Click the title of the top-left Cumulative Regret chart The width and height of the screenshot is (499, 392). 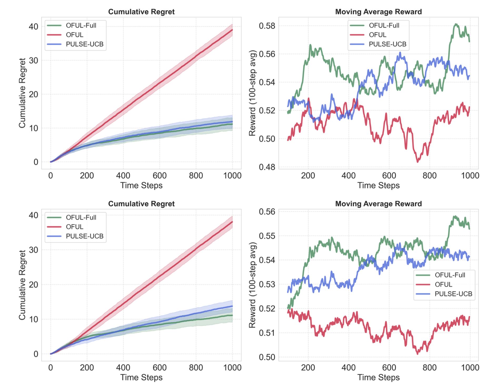[141, 12]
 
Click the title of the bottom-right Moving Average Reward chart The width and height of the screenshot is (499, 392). [378, 204]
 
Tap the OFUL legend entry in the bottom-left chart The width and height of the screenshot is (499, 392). [74, 227]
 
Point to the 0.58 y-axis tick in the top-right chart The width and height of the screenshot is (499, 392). [267, 26]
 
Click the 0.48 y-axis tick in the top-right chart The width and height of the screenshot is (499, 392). [267, 167]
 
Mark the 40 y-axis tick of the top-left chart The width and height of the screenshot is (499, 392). [33, 27]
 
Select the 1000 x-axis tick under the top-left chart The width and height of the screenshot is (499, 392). [232, 175]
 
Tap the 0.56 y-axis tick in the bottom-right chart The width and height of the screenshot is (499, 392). [267, 212]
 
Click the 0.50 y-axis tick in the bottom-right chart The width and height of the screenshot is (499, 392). [267, 357]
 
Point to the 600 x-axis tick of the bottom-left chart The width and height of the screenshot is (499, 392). [159, 367]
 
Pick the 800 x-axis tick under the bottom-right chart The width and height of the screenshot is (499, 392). [430, 367]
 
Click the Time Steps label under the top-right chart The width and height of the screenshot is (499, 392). [378, 185]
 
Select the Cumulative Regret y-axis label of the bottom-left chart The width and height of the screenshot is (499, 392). [22, 285]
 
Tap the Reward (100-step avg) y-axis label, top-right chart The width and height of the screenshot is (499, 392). [252, 93]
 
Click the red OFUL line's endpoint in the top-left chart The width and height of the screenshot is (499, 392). [232, 30]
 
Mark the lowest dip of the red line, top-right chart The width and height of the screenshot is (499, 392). [417, 161]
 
